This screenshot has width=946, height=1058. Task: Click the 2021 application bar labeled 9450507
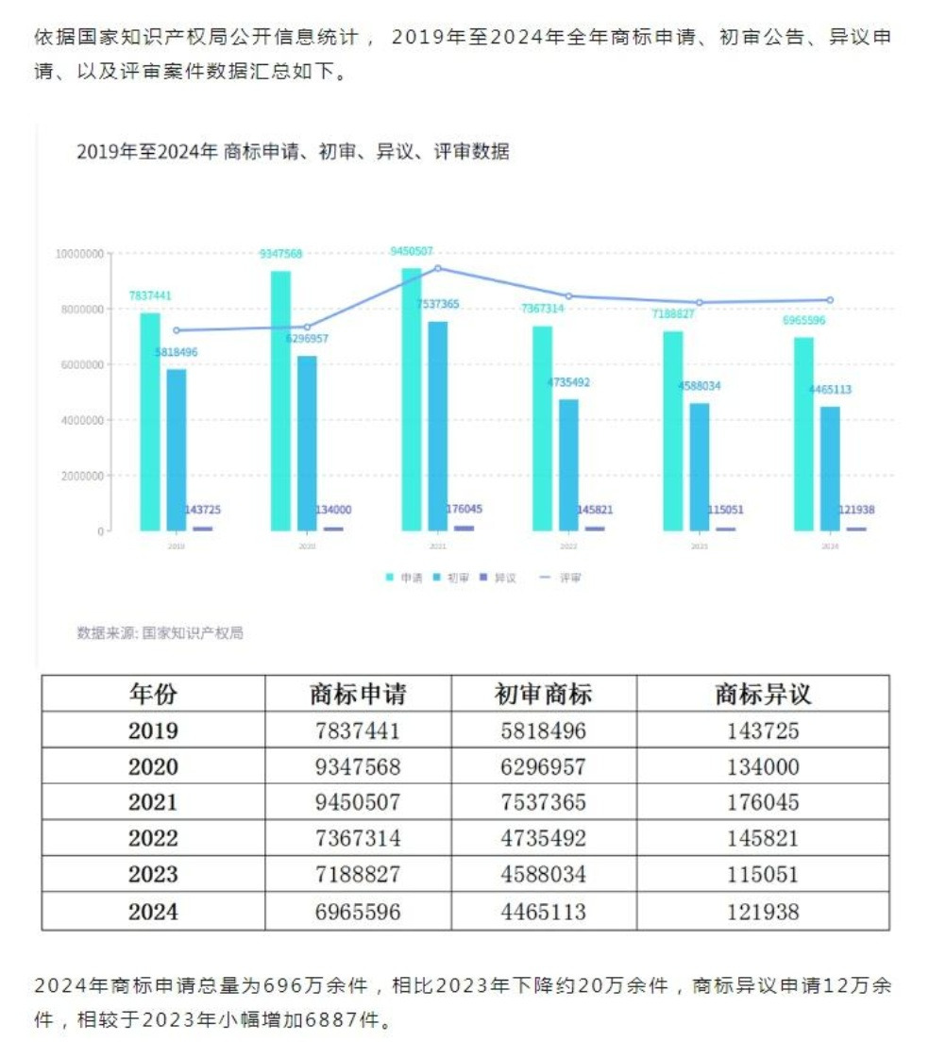412,398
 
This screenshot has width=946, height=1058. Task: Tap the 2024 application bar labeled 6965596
803,433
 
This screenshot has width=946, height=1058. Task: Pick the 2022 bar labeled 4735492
568,464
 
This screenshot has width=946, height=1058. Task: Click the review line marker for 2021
438,268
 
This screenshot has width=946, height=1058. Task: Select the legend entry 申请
405,577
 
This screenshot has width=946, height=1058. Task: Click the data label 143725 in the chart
203,510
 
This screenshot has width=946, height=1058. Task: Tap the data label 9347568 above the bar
280,254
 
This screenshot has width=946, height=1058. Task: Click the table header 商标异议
763,695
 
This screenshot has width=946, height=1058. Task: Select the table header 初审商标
543,695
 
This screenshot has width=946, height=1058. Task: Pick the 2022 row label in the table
153,839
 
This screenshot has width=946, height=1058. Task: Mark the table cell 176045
763,803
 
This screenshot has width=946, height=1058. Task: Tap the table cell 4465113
543,912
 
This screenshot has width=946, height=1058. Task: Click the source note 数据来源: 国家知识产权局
160,632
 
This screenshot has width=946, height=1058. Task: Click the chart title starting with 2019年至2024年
292,152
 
